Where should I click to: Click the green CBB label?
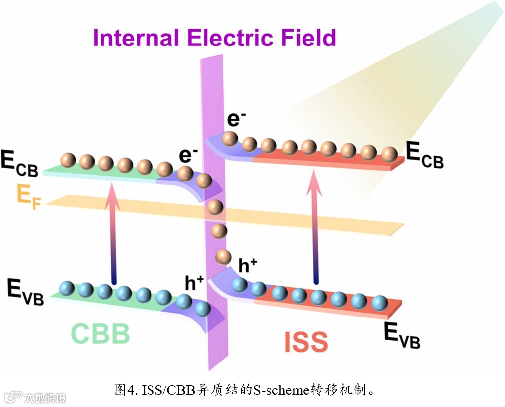tap(101, 334)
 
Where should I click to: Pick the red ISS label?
tap(306, 342)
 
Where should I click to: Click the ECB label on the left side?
tap(20, 165)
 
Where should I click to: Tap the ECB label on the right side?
tap(425, 156)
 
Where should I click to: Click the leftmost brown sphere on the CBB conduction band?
tap(68, 160)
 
